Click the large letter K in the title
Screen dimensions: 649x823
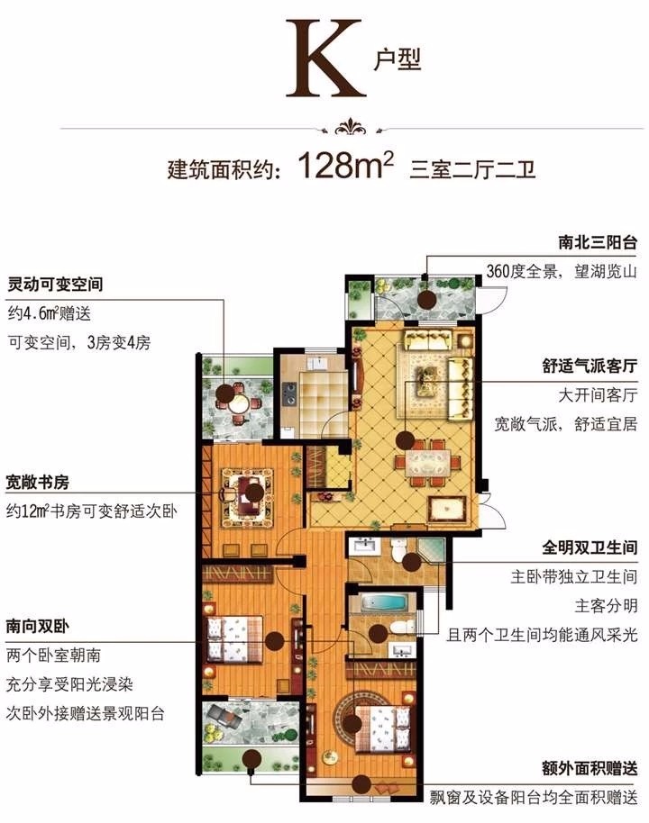[x=325, y=59]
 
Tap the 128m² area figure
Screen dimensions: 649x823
[x=345, y=165]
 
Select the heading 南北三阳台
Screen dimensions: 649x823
[x=598, y=242]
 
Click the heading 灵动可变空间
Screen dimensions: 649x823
[x=55, y=285]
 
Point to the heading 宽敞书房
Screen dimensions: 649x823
[x=38, y=482]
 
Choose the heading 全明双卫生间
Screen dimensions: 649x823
[x=590, y=548]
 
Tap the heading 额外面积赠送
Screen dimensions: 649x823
[x=590, y=769]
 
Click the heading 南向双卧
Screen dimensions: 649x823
[x=38, y=626]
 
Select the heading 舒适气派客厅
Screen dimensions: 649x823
[x=590, y=366]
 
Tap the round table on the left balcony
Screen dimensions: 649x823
[x=241, y=404]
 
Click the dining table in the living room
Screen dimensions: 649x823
[x=427, y=463]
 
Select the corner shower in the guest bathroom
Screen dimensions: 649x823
[x=432, y=551]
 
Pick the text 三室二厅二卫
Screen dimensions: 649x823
[x=472, y=169]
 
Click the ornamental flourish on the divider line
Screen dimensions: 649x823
[x=352, y=128]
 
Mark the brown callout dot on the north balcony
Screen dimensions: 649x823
[x=426, y=301]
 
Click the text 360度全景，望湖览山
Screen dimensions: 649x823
[x=562, y=271]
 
